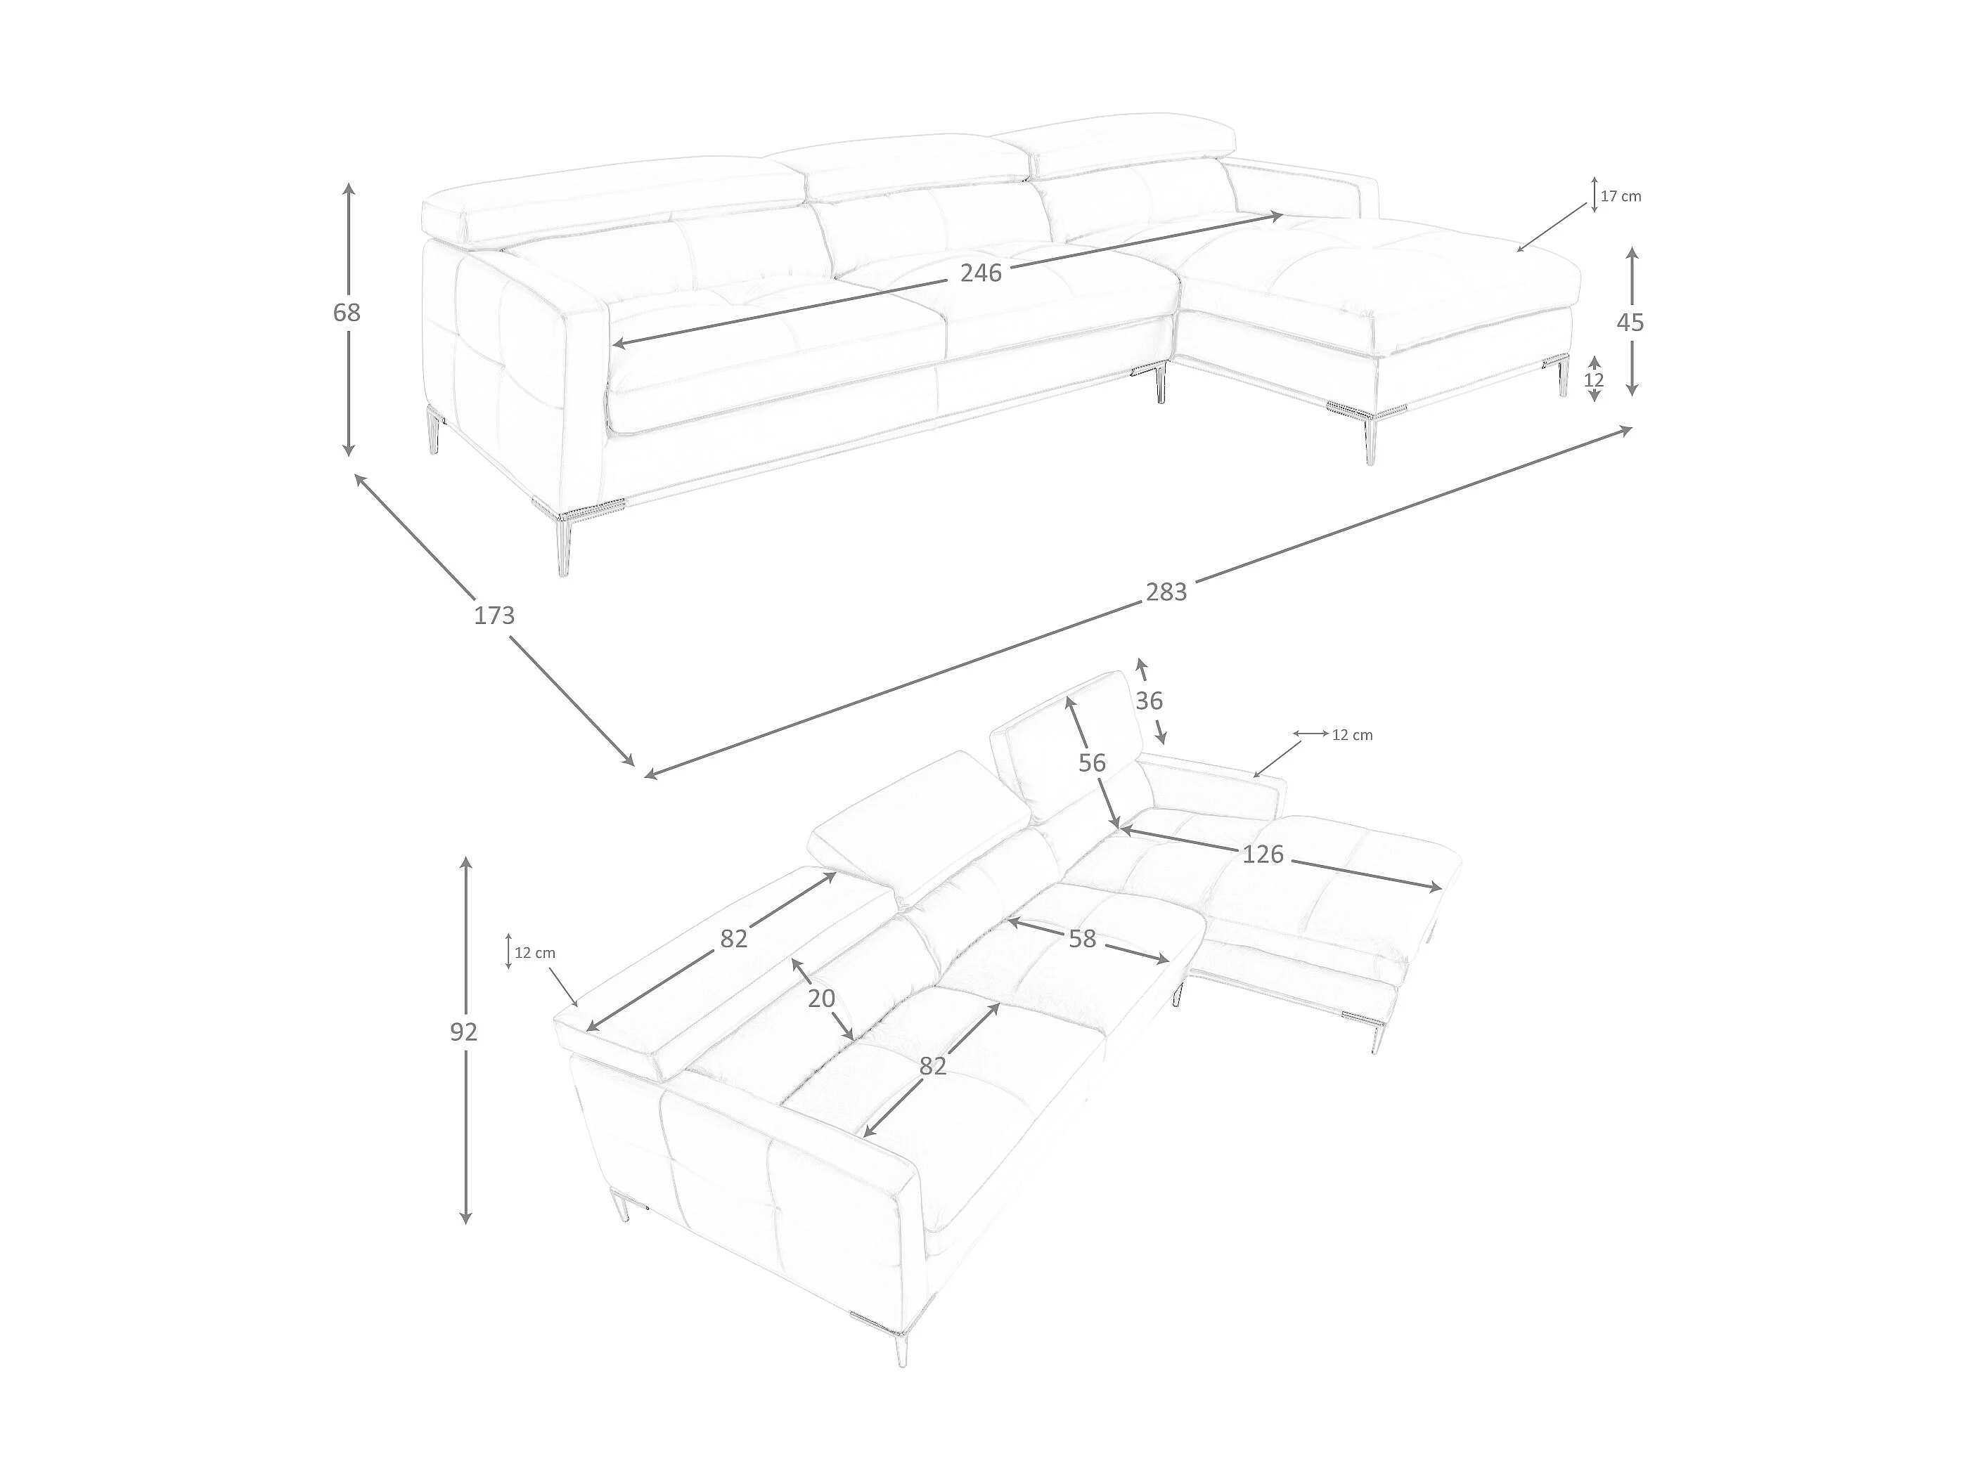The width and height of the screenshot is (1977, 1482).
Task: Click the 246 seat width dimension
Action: (981, 273)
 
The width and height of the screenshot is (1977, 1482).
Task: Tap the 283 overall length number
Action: (1166, 592)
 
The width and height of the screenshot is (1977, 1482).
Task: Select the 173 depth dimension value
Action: (494, 616)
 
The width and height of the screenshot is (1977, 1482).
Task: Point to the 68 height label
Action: (347, 313)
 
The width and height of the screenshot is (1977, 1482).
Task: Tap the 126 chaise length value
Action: (1263, 855)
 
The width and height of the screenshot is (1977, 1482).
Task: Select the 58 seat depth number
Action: (1081, 939)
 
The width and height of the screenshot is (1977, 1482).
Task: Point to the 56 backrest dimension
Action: (1092, 763)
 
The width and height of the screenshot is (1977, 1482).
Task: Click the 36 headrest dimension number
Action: (1150, 701)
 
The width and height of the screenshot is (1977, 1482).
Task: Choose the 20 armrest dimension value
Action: (821, 998)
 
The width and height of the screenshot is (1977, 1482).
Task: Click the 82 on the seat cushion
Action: (932, 1066)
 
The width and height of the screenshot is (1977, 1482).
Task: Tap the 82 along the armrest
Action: (734, 939)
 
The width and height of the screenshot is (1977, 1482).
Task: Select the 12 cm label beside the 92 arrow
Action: (534, 953)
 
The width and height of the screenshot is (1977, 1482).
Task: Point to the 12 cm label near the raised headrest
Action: (1352, 735)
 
